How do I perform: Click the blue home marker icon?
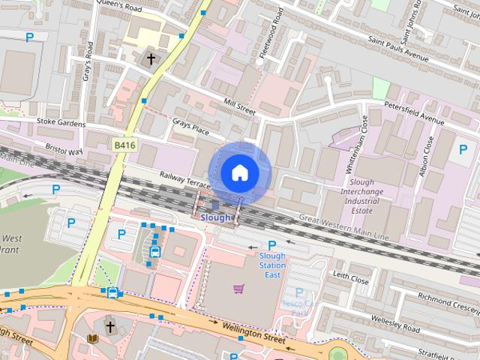tap(239, 172)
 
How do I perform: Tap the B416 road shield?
tap(124, 144)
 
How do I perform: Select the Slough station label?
tap(216, 217)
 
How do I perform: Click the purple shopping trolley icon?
tap(238, 288)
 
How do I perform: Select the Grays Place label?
tap(190, 128)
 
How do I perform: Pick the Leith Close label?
tap(350, 279)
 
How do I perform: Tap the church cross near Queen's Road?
tap(151, 58)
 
